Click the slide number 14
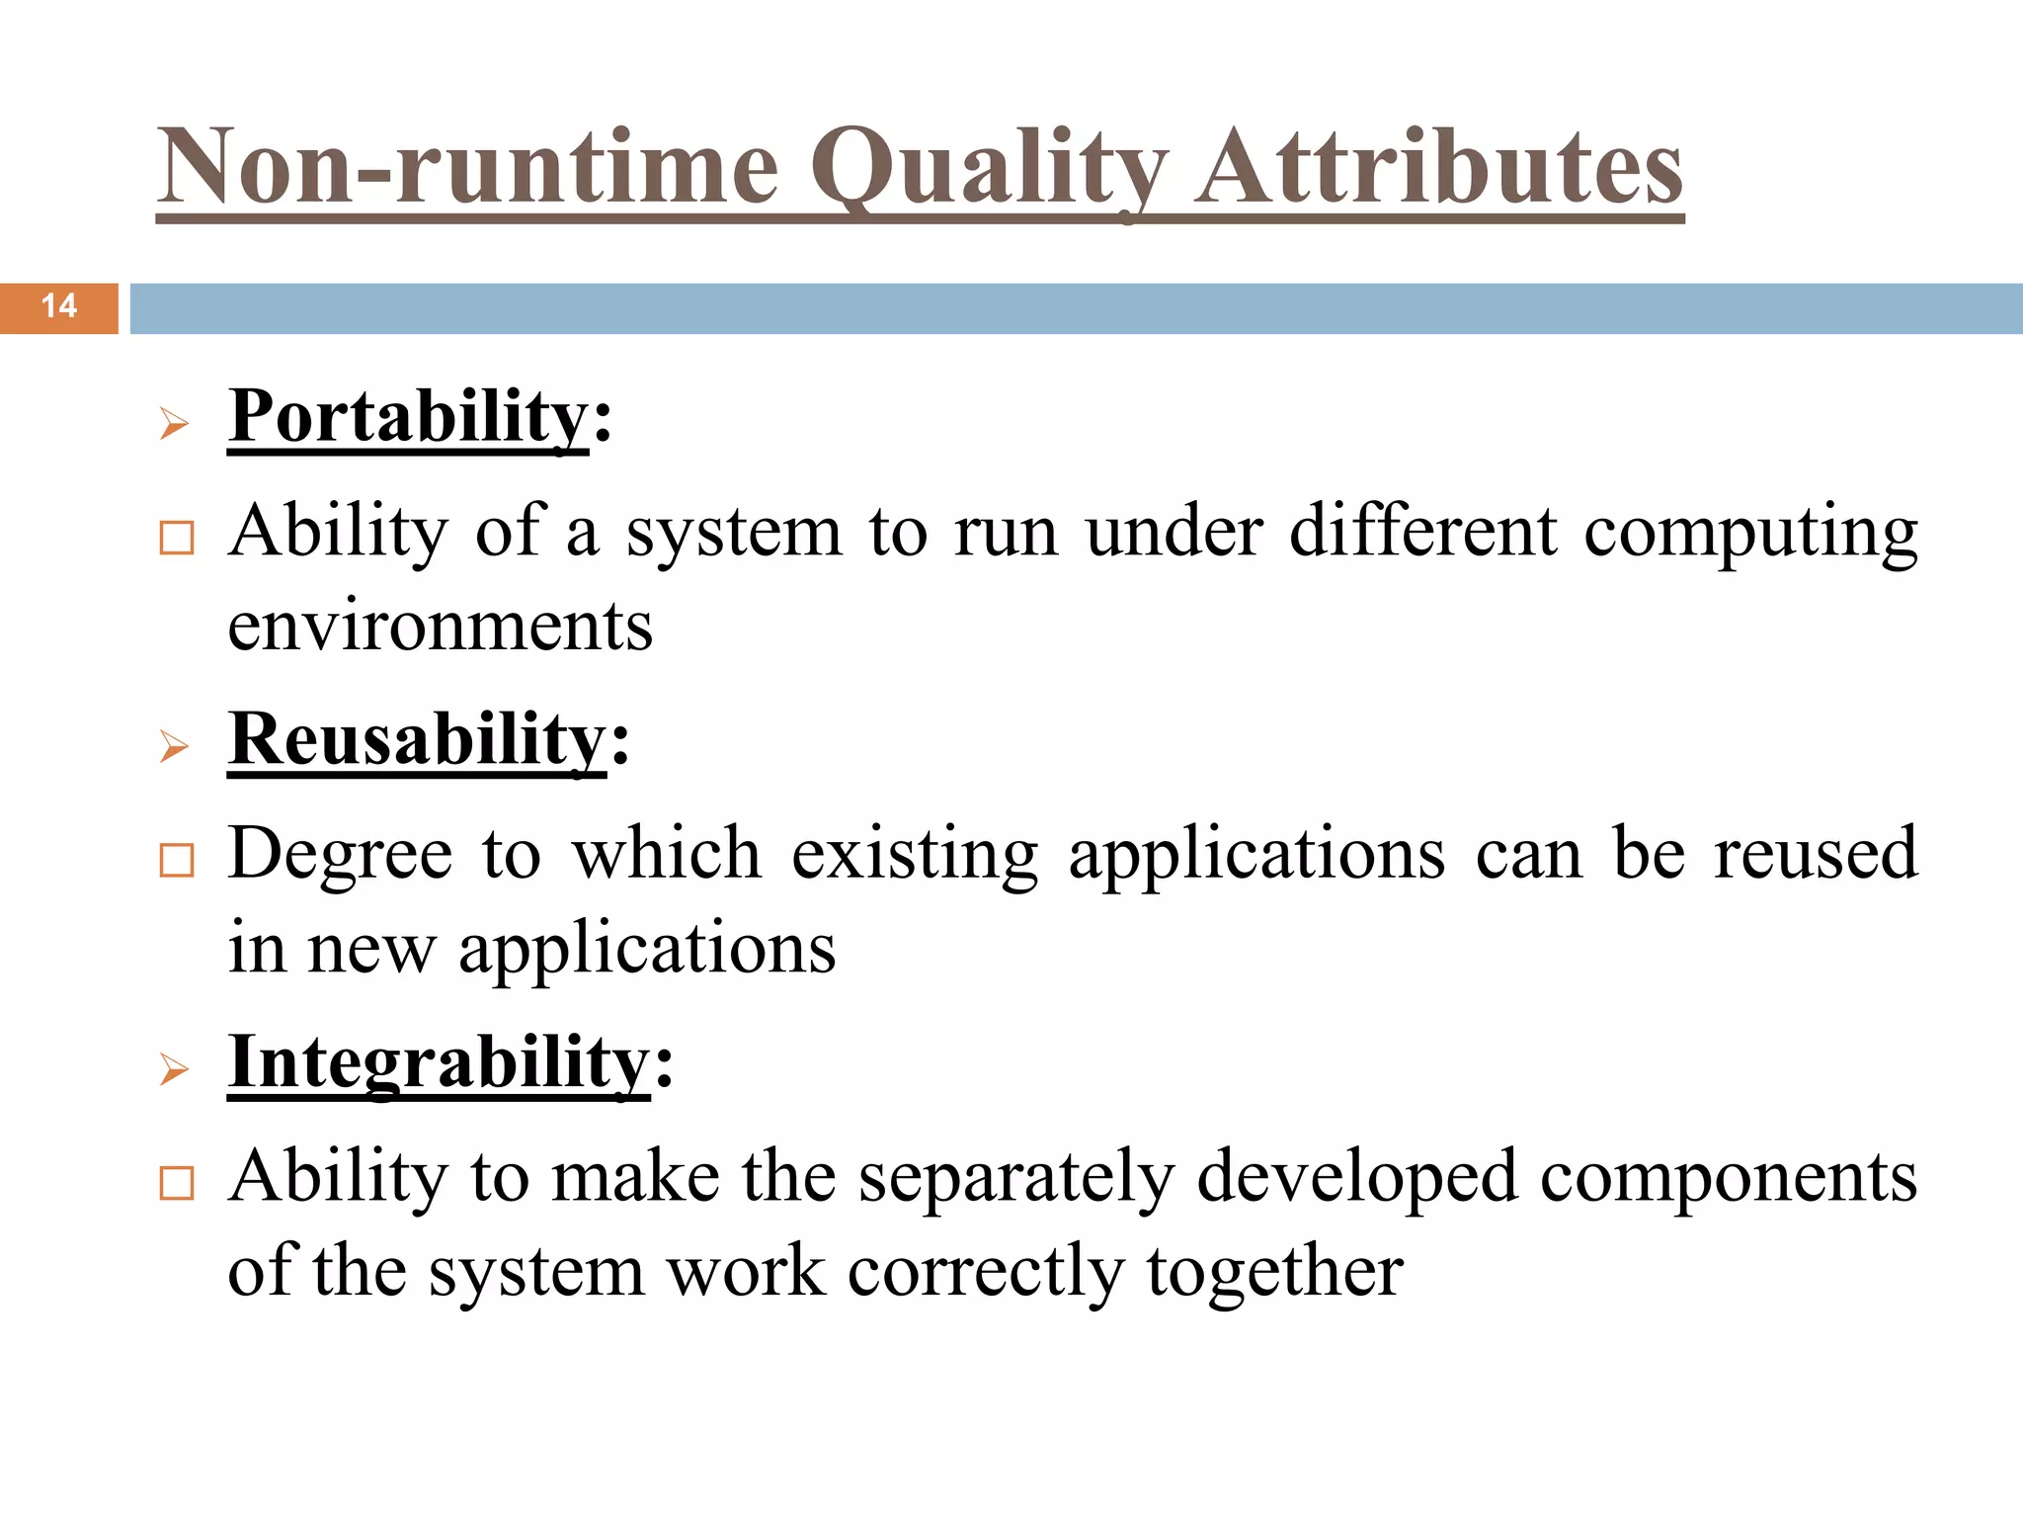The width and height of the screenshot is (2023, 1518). pos(59,306)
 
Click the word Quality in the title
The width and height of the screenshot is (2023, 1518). pos(989,168)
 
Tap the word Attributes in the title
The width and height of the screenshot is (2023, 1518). pos(1438,168)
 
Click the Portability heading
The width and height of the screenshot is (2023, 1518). pos(408,418)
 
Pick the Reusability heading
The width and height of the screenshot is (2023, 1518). pos(417,740)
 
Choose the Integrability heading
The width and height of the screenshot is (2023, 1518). pos(439,1063)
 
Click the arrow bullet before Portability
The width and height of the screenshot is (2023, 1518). pos(174,425)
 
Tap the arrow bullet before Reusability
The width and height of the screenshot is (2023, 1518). pos(174,747)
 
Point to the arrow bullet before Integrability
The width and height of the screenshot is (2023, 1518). pos(174,1069)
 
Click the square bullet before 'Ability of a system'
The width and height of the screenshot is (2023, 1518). pos(177,539)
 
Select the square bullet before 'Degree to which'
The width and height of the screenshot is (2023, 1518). pos(177,861)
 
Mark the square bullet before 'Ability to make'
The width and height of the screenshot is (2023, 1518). pos(177,1183)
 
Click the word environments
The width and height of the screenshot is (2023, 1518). pos(441,627)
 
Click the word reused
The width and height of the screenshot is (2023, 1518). pos(1816,854)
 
